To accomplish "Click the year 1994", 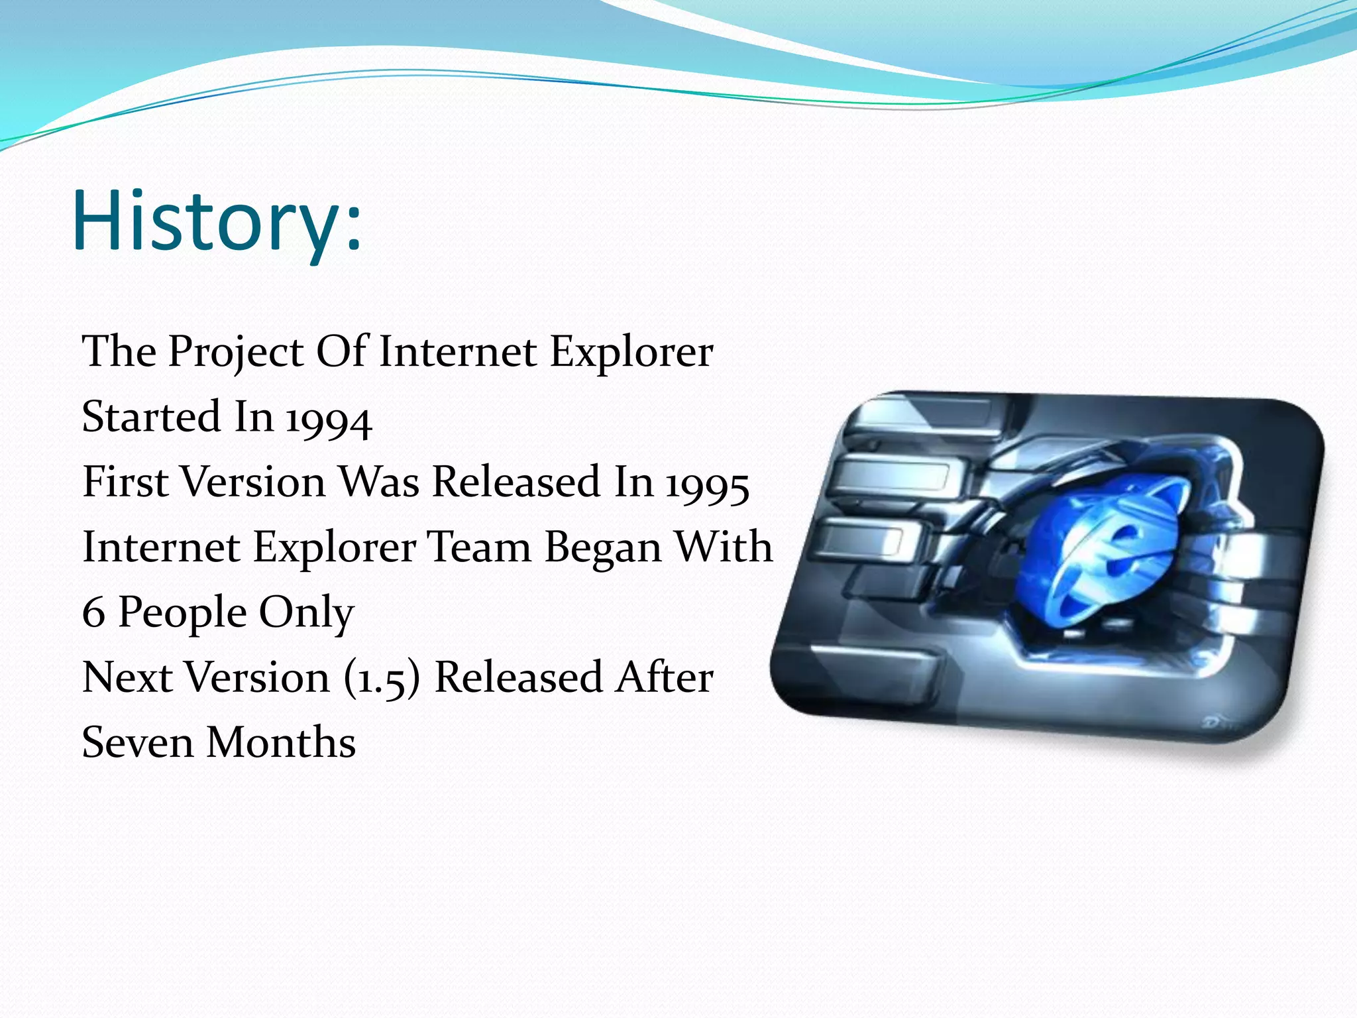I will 329,420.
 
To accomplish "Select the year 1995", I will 707,484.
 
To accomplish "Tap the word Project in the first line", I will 235,352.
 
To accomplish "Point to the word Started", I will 150,417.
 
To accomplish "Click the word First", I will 125,482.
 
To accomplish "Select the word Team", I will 478,547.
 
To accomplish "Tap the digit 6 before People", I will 93,613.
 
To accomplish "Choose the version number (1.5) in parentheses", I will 382,679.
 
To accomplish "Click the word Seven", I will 137,743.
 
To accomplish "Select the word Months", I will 282,743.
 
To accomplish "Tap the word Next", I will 127,678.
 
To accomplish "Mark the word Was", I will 379,482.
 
